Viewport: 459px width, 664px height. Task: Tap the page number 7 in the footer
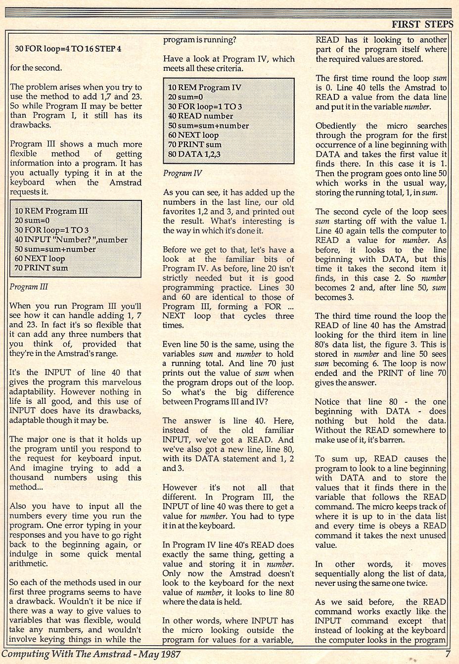click(x=447, y=654)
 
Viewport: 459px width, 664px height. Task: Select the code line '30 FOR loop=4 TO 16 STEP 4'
click(x=68, y=48)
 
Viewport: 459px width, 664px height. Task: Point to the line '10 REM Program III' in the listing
click(x=51, y=211)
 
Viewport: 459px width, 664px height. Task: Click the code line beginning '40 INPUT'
click(x=71, y=239)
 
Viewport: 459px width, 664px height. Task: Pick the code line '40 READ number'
click(x=200, y=116)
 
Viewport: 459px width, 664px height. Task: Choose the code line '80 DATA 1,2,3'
click(x=194, y=154)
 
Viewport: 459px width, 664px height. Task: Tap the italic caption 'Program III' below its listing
click(x=29, y=286)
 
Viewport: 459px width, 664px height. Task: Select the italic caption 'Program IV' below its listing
click(x=182, y=173)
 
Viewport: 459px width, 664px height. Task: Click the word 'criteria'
click(x=226, y=68)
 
